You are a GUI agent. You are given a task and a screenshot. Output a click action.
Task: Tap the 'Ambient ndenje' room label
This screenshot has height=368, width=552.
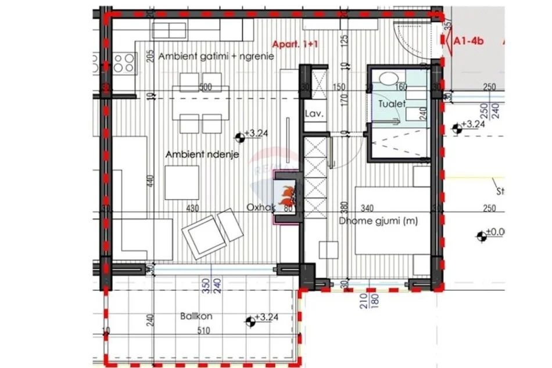194,154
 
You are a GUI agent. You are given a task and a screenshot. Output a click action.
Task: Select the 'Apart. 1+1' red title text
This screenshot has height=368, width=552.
295,44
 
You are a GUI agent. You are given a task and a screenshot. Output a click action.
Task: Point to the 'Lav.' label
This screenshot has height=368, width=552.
313,114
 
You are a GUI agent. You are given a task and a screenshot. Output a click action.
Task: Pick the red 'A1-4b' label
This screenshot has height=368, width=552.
469,41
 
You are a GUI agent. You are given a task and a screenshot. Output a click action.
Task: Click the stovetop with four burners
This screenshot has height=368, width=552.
124,62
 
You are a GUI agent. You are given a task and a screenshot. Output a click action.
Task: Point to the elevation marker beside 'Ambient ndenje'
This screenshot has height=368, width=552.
239,137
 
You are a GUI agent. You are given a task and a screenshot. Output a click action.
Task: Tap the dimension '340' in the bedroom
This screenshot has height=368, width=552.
367,208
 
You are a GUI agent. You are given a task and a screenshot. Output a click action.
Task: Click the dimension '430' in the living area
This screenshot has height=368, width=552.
192,208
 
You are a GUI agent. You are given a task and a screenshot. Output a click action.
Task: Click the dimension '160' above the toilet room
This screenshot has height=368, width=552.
401,88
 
